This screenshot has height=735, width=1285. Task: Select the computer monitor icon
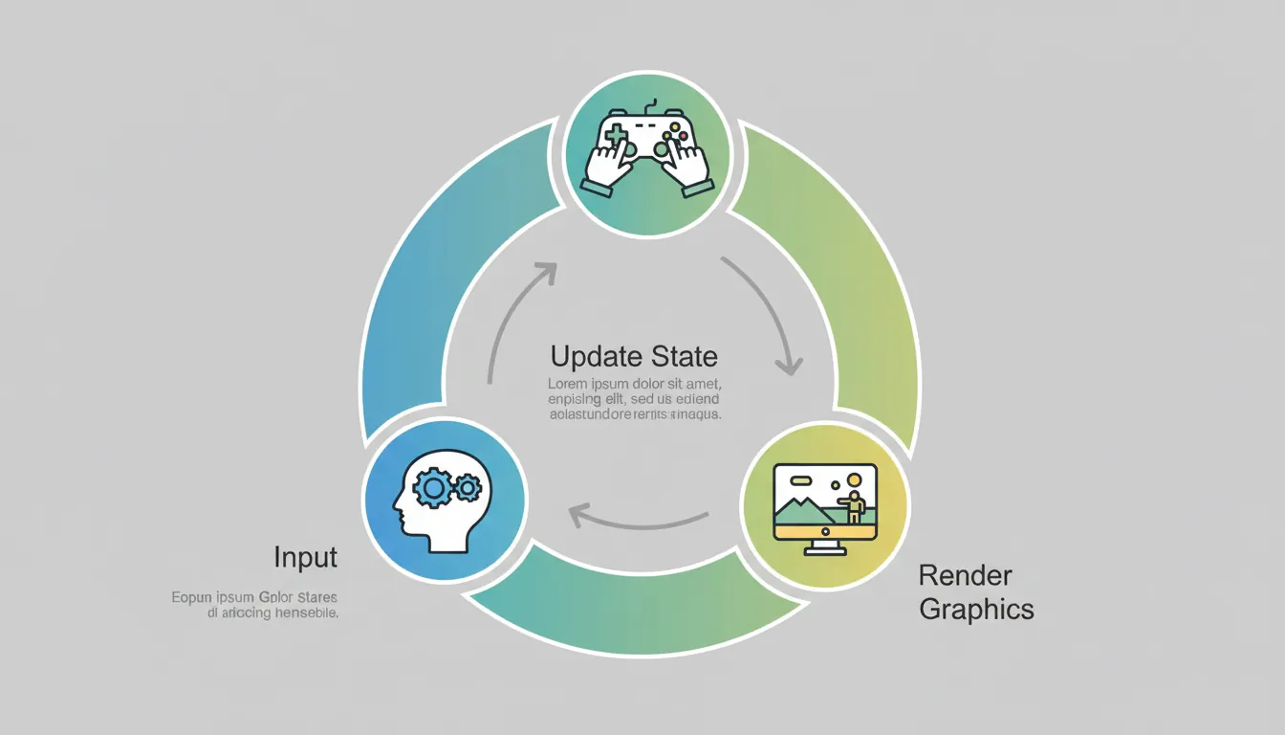tap(825, 507)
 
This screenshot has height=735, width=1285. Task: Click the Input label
tap(306, 557)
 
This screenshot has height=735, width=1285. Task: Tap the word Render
tap(965, 575)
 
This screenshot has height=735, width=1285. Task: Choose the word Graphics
tap(976, 609)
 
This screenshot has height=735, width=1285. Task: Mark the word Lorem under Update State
tap(568, 385)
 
